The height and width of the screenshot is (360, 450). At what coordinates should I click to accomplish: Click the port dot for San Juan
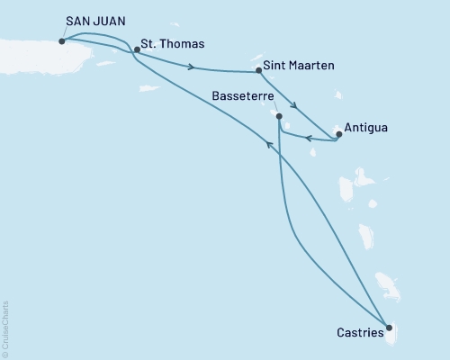(61, 40)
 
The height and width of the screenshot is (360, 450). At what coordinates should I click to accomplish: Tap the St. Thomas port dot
(137, 49)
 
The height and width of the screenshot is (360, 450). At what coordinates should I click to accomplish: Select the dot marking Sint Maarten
(258, 69)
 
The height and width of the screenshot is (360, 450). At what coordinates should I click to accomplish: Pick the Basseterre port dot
(279, 116)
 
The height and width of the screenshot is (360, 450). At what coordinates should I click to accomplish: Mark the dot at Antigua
(338, 134)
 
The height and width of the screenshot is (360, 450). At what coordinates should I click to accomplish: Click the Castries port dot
(389, 328)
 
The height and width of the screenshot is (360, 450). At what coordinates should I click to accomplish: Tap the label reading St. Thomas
(174, 42)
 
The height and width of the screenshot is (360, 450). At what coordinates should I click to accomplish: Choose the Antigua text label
(368, 127)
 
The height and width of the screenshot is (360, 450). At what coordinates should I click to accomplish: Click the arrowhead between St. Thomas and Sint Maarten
(191, 66)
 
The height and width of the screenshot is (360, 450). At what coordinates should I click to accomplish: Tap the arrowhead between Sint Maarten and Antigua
(293, 103)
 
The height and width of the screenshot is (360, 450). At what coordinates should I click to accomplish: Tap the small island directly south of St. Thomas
(148, 87)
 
